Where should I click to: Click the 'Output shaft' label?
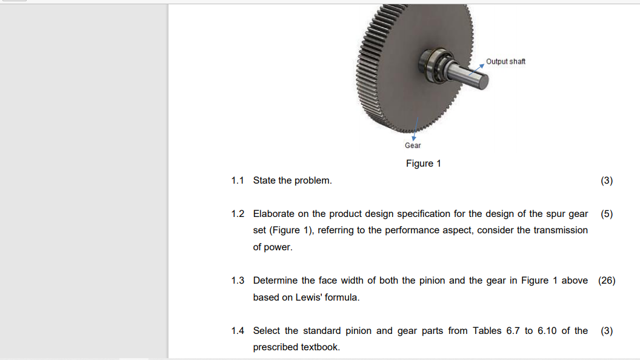click(505, 61)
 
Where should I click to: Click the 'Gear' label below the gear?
click(413, 145)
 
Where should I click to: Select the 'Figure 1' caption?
click(424, 164)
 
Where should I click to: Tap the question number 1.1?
click(238, 181)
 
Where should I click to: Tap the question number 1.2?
click(238, 214)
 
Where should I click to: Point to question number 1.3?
click(238, 281)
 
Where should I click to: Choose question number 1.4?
click(238, 331)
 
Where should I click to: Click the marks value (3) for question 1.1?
click(607, 181)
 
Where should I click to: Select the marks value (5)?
click(607, 214)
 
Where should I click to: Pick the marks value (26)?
click(607, 281)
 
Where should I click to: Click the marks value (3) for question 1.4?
click(607, 331)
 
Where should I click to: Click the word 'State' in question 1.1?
click(264, 181)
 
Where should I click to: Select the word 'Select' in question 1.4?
click(267, 331)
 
